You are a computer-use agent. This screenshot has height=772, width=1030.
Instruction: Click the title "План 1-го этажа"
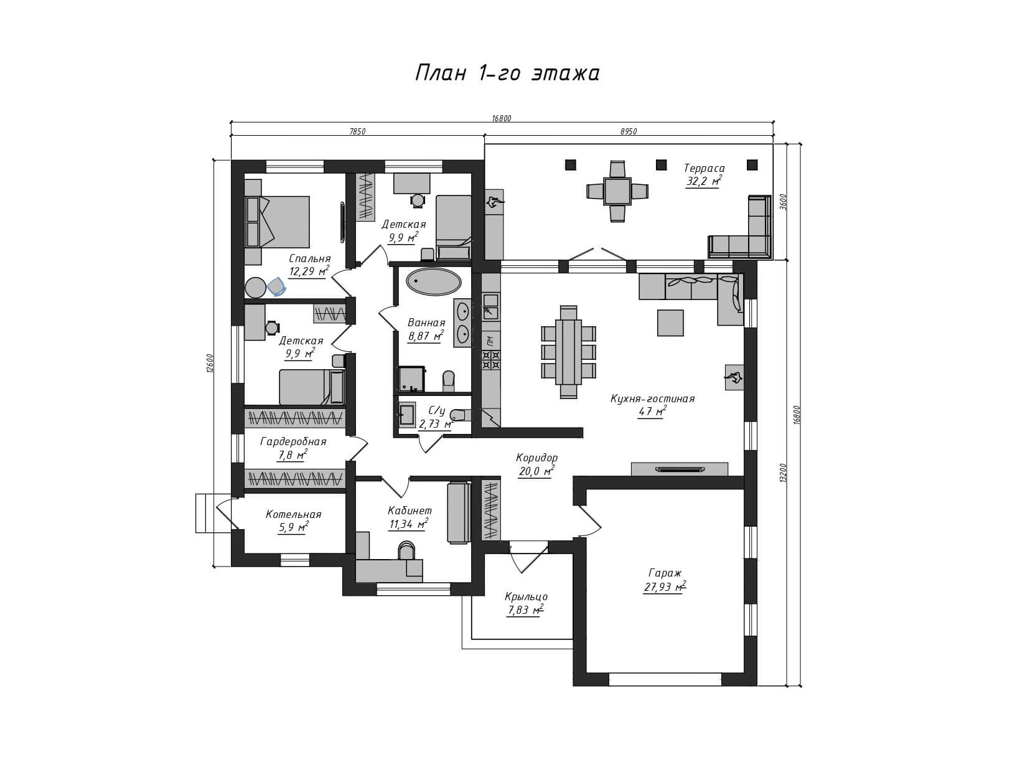[507, 73]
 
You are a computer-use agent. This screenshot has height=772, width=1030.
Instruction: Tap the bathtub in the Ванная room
[434, 282]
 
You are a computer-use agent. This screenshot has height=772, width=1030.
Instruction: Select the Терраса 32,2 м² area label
[703, 174]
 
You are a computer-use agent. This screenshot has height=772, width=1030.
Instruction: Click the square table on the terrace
[617, 191]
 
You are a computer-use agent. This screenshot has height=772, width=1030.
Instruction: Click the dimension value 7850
[357, 131]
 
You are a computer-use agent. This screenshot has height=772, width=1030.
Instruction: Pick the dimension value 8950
[629, 131]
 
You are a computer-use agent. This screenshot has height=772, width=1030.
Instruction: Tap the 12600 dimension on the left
[210, 363]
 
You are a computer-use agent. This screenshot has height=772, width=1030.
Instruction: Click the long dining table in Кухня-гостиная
[568, 352]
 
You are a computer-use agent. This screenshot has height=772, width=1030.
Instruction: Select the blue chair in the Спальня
[277, 286]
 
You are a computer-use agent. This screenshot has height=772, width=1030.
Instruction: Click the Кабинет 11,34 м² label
[409, 517]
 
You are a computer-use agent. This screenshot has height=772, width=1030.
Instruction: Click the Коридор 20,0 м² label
[536, 464]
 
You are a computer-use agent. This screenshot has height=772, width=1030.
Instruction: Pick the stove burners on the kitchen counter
[491, 360]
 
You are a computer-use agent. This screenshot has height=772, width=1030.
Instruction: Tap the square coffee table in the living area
[670, 323]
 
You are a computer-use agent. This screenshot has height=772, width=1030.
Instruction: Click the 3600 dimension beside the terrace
[783, 202]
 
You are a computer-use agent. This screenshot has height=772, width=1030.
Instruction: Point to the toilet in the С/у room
[457, 415]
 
